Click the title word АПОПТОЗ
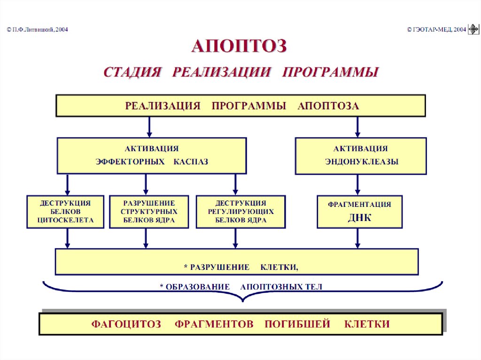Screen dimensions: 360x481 click(239, 46)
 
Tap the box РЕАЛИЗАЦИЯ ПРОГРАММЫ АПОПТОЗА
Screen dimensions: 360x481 click(240, 106)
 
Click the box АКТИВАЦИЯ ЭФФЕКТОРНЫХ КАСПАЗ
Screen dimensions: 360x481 click(152, 155)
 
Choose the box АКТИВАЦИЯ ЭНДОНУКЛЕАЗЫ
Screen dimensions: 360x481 click(361, 155)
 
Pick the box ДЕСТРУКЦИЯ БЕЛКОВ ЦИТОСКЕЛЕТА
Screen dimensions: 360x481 click(65, 212)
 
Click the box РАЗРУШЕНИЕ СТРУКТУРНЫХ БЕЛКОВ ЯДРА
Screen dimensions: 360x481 click(149, 212)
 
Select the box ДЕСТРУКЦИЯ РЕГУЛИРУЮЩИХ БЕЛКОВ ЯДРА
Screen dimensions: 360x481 click(241, 212)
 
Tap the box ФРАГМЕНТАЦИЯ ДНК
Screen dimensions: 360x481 click(359, 212)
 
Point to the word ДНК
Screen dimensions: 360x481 click(360, 218)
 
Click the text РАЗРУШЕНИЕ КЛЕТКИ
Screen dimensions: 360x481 click(241, 267)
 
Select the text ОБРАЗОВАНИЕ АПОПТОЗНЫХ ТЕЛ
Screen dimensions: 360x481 click(241, 287)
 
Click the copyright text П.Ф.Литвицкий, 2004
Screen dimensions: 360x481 click(38, 29)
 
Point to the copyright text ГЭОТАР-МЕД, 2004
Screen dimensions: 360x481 click(436, 29)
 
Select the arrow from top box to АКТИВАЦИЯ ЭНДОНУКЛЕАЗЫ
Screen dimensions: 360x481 click(358, 127)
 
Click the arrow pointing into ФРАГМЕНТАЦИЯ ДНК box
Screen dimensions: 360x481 click(358, 185)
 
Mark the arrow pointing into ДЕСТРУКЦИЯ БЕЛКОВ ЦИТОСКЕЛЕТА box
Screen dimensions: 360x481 click(68, 185)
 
